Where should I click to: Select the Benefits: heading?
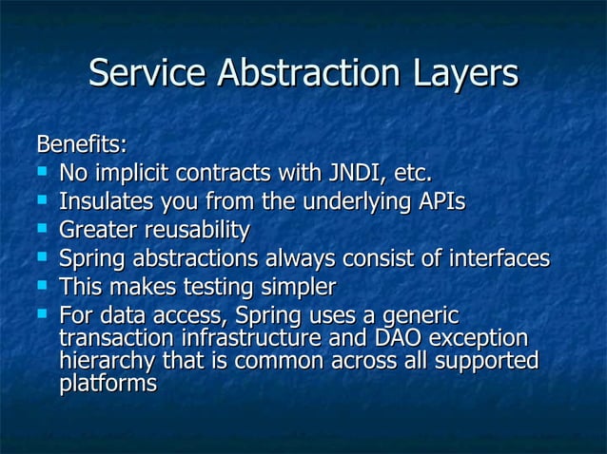[81, 145]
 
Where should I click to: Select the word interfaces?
[498, 258]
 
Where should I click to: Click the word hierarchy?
[106, 361]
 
